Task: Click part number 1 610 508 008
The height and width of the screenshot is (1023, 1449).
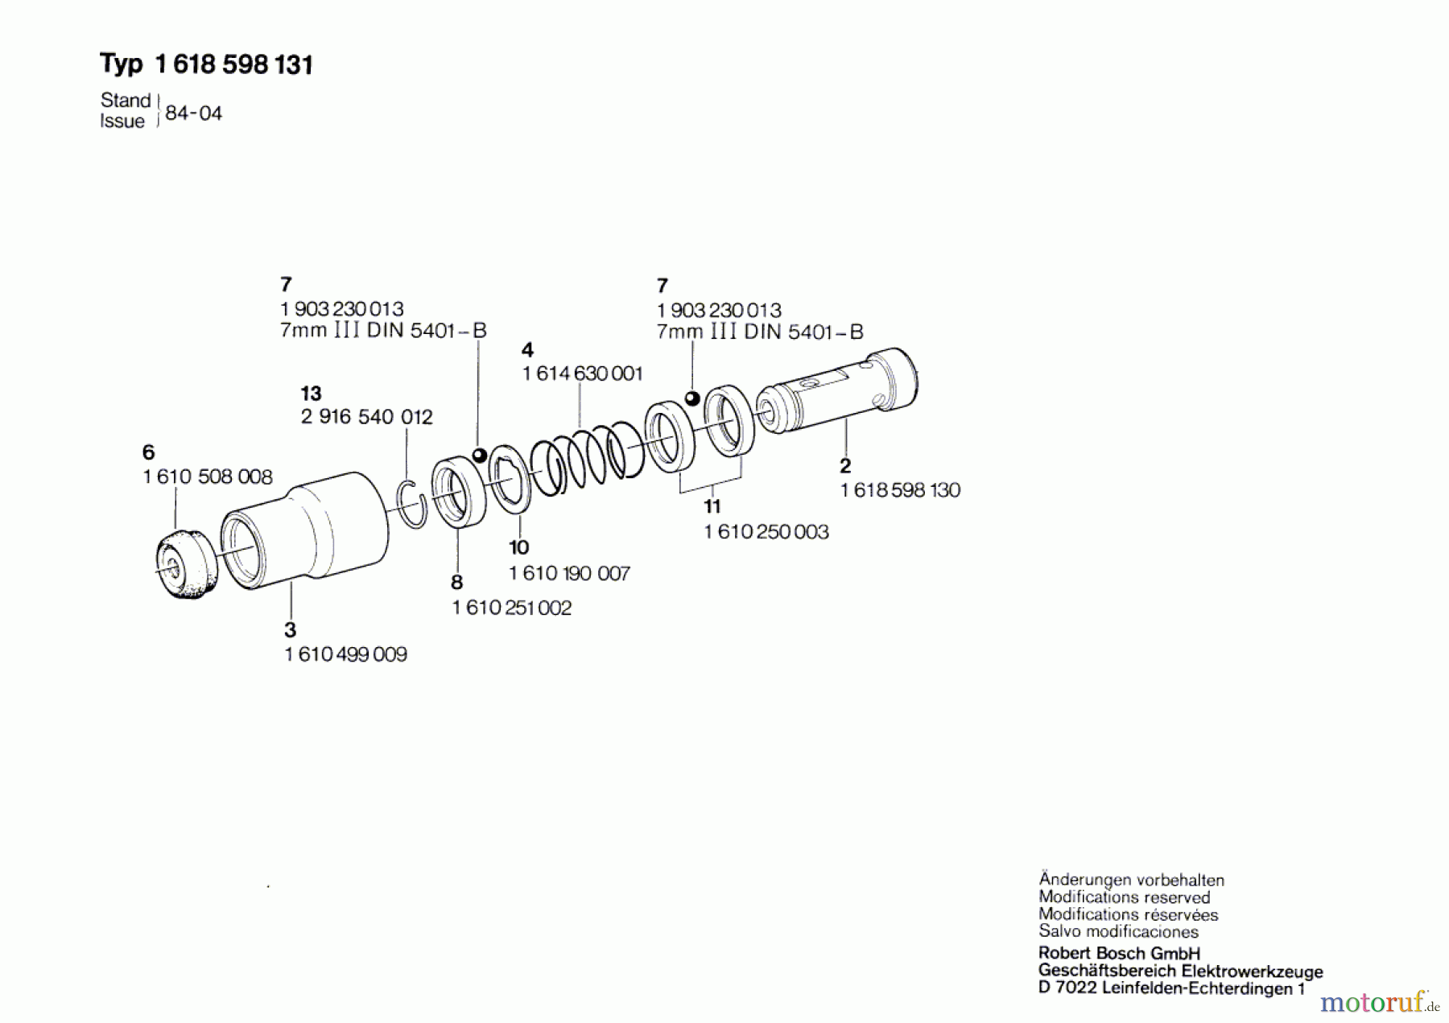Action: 208,477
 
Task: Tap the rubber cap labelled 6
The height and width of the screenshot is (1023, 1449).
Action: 186,563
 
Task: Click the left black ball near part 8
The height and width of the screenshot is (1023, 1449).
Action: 480,456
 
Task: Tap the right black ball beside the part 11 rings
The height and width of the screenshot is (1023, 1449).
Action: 691,398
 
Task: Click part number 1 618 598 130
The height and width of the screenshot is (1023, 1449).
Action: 900,490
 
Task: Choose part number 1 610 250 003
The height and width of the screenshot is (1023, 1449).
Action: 766,532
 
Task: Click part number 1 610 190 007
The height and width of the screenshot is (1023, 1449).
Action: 569,574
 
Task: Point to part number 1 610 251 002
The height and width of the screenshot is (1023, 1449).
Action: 512,608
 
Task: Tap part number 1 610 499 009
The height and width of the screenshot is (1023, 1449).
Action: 345,655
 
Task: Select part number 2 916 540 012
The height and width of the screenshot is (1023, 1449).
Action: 366,417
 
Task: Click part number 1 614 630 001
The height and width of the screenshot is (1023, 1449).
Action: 583,373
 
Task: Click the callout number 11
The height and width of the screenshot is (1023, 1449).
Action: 712,506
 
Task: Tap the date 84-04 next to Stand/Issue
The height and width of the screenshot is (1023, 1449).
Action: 193,113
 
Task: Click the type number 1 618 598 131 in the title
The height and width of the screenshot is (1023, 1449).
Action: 233,64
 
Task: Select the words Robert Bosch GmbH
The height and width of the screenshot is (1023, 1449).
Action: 1118,954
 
